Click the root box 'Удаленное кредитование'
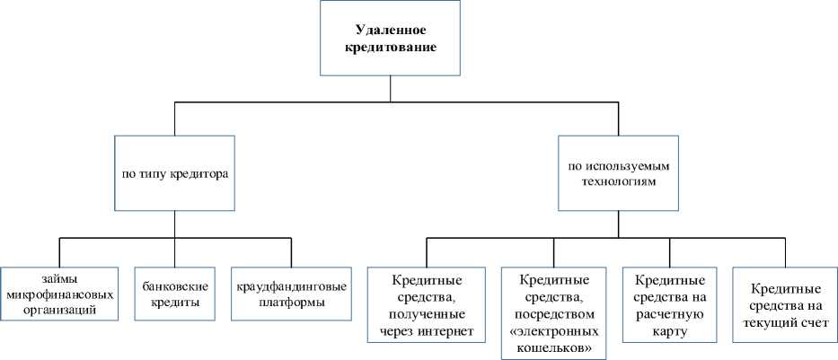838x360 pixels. [390, 38]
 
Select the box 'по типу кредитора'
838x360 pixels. [174, 172]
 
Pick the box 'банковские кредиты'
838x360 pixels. [176, 294]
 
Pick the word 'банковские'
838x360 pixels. [176, 286]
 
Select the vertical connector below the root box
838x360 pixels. [390, 89]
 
